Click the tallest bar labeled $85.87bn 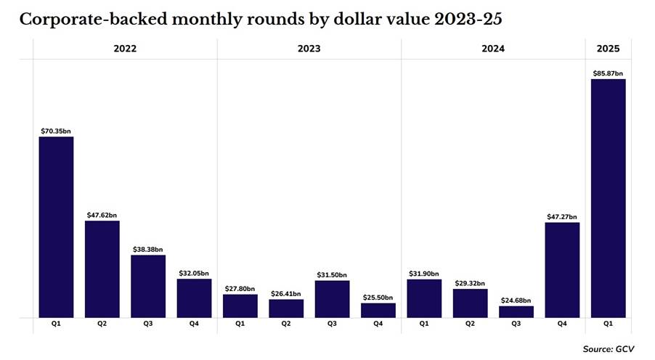tap(608, 198)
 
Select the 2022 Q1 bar tap(56, 227)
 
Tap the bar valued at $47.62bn tap(102, 269)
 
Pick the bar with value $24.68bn tap(516, 312)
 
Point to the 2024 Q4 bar tap(562, 270)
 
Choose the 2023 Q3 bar tap(332, 299)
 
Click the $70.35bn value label tap(56, 131)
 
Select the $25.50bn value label tap(378, 298)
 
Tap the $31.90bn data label tap(424, 274)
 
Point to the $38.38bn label tap(148, 250)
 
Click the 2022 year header tap(125, 49)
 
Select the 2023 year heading tap(309, 49)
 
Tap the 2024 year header tap(493, 49)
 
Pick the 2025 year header tap(609, 49)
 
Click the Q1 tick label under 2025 tap(608, 324)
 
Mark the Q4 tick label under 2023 tap(378, 324)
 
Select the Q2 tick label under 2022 tap(102, 324)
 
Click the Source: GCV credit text tap(609, 349)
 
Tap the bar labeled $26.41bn tap(286, 308)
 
